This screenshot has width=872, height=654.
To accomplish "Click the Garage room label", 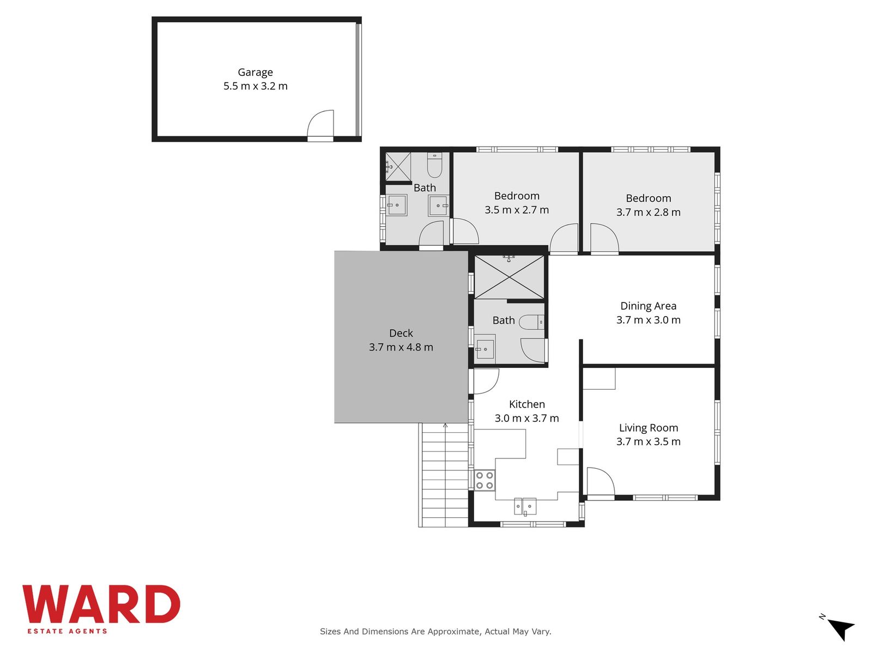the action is coord(255,72).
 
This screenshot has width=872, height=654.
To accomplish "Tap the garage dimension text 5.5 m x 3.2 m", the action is coord(255,86).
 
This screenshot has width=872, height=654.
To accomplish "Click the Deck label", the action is coord(401,333).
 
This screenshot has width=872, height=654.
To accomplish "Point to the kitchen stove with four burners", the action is coord(485,480).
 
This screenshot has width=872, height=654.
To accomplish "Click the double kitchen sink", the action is coord(525,506).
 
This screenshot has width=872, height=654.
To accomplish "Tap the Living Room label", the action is coord(649,428).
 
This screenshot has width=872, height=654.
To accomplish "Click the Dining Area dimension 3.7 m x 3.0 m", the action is coord(649,320).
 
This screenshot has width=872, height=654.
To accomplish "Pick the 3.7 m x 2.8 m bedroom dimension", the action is coord(649,212).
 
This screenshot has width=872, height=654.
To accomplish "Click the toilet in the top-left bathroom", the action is coord(434,165).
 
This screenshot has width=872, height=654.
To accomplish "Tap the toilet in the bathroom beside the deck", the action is coord(531,322).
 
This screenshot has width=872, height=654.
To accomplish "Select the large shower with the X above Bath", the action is coord(509,277).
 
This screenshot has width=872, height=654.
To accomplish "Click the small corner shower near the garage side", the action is coord(397,166).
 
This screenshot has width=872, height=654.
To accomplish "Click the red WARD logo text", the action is coord(101,604).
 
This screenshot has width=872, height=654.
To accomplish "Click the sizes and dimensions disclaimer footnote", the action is coord(435,631).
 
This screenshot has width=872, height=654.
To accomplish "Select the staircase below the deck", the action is coord(444,475).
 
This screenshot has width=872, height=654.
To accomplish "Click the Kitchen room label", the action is coord(527,404).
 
